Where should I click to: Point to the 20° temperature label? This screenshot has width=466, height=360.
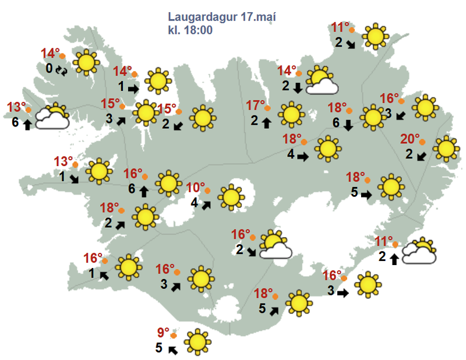[x=411, y=139]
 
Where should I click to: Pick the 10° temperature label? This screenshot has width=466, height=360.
[x=196, y=188]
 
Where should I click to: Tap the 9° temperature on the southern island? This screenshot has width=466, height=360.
[x=163, y=334]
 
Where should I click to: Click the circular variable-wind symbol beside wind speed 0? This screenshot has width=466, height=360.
[x=62, y=70]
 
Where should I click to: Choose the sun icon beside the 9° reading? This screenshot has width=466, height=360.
[x=197, y=342]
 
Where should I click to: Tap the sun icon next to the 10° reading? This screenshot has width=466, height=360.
[x=231, y=197]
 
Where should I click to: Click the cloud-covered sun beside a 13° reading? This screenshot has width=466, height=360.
[x=53, y=117]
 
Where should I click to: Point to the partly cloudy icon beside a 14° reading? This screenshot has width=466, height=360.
[x=322, y=81]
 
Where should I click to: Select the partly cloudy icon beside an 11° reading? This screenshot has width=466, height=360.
[x=420, y=252]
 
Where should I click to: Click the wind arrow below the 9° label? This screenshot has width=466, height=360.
[x=172, y=350]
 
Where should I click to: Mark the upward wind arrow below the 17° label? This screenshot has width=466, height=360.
[x=267, y=122]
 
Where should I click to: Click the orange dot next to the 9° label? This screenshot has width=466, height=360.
[x=174, y=336]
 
